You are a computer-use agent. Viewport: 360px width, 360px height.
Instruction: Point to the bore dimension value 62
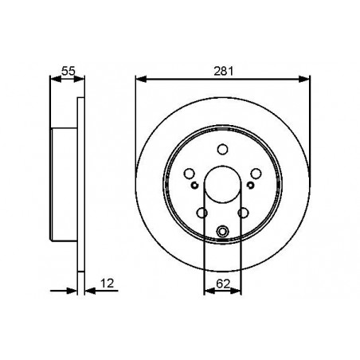coord(222,280)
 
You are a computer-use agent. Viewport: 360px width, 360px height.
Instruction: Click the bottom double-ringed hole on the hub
coord(222,232)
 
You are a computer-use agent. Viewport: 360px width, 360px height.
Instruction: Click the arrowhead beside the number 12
coord(88,291)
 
